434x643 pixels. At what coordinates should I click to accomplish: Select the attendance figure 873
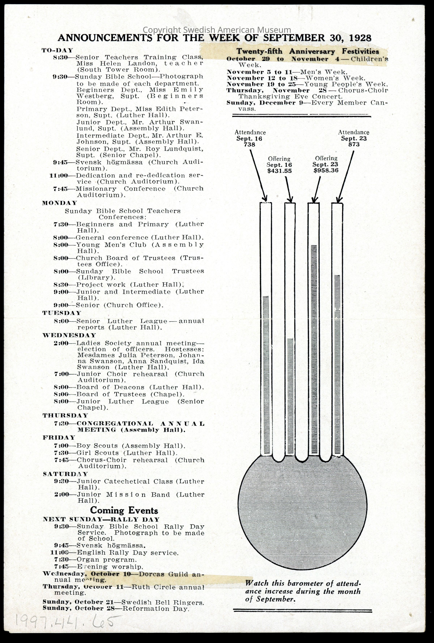click(x=354, y=144)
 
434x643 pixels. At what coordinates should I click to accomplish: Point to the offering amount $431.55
click(x=279, y=171)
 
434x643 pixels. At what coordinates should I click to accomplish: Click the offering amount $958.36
click(x=326, y=170)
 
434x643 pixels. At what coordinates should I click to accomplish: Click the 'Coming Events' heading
click(x=124, y=510)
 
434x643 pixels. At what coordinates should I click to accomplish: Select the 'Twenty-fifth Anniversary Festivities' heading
click(x=308, y=51)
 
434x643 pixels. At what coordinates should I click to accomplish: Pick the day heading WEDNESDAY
click(x=69, y=335)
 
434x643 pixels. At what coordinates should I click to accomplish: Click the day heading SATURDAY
click(x=65, y=474)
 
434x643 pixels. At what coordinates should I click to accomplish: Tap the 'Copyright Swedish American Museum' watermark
click(x=217, y=30)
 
